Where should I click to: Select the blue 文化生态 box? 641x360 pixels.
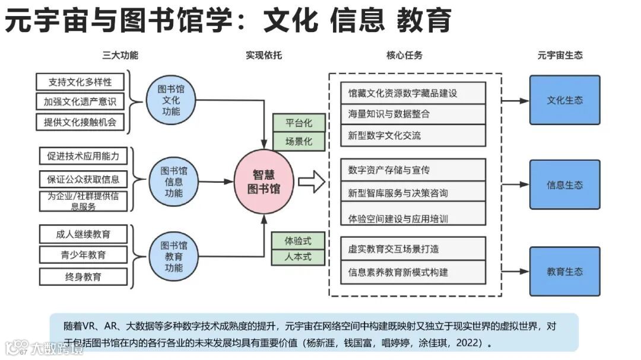pos(564,100)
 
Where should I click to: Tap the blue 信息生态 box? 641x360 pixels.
pos(564,184)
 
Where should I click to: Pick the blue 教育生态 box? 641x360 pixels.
pos(564,272)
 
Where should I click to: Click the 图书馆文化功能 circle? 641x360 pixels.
pos(171,100)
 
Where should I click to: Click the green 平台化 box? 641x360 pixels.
pos(299,123)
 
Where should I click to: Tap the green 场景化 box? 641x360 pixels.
pos(299,142)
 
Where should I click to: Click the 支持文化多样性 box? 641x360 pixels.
pos(80,81)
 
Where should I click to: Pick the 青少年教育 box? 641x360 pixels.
pos(83,255)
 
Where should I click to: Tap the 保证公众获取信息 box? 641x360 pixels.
pos(83,179)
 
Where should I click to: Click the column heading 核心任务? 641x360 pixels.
pos(404,55)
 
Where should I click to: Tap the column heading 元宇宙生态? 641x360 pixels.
pos(560,55)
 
